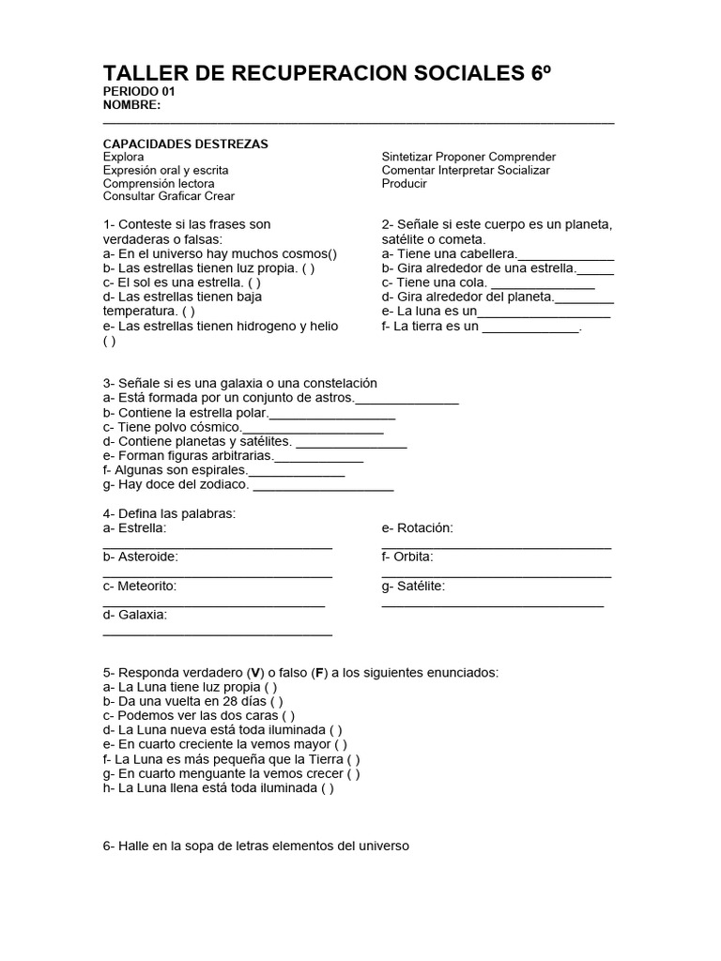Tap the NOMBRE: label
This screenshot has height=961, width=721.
131,105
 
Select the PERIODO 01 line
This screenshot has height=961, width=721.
138,92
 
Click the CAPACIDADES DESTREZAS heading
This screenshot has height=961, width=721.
185,144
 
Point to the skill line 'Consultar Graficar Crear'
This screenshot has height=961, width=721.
168,196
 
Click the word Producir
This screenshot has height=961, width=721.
404,183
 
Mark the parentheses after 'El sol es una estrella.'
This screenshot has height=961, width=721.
254,282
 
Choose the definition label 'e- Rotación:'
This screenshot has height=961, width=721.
417,528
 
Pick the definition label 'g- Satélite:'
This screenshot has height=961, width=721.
414,587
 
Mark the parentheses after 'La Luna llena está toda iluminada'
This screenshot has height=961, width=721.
327,788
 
